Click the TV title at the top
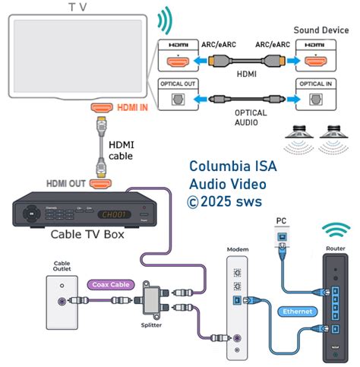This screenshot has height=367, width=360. (x=77, y=7)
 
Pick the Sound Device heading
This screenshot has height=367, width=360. (x=319, y=31)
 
